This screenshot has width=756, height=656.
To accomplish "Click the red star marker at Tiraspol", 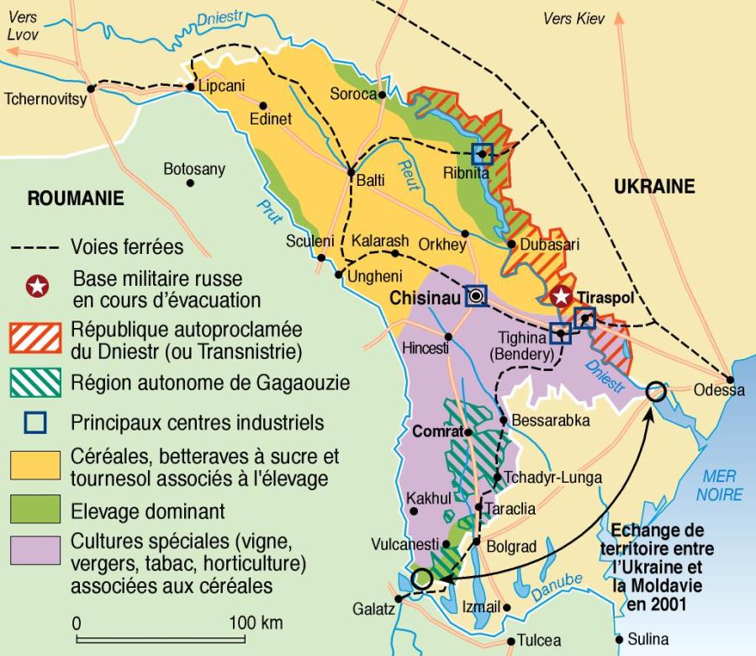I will point(561,295).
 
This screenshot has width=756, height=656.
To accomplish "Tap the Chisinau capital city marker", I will point(477,295).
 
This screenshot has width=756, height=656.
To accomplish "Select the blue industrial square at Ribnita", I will point(482,153).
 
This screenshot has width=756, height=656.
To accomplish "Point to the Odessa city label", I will point(719,390).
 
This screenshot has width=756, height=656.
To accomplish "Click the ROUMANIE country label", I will point(76,199).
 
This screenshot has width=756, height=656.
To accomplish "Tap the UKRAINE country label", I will point(654,187).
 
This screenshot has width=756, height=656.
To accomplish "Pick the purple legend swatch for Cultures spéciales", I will point(34,549).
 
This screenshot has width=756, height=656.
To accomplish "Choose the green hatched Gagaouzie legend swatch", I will point(34,383).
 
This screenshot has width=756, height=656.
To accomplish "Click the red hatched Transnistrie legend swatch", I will point(34,336).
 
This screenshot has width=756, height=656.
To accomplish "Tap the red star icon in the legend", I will point(35,288).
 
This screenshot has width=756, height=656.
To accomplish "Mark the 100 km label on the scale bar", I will point(255,624).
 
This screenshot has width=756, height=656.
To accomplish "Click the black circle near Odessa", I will point(656,390).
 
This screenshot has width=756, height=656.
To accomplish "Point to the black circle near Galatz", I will point(422,579).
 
